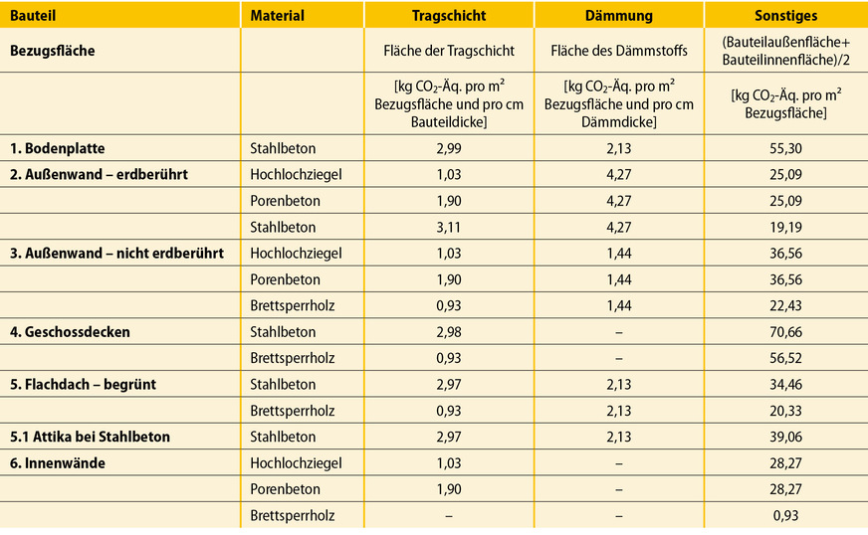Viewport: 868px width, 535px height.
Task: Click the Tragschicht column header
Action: (448, 16)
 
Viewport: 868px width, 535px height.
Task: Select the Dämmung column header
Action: (618, 16)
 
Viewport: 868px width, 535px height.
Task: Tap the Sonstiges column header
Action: (785, 16)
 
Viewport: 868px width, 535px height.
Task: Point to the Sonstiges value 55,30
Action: (785, 149)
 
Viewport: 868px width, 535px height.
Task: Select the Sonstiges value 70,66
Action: (785, 332)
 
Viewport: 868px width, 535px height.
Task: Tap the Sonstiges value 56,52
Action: (785, 358)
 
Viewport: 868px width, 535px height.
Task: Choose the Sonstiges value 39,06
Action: (785, 437)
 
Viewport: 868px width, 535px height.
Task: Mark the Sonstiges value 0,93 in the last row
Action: (785, 515)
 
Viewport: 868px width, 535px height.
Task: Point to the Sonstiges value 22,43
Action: (785, 306)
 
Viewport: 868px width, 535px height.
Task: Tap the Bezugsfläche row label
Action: (52, 50)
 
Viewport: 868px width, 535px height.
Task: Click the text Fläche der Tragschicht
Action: (448, 50)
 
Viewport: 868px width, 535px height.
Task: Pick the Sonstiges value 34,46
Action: (785, 385)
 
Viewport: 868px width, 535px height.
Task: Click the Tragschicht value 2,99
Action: (448, 149)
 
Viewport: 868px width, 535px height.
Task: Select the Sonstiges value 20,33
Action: (785, 411)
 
